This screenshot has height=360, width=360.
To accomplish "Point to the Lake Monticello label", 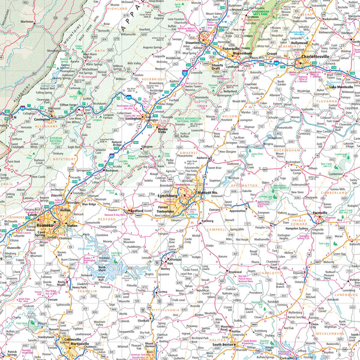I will [x=341, y=88].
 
